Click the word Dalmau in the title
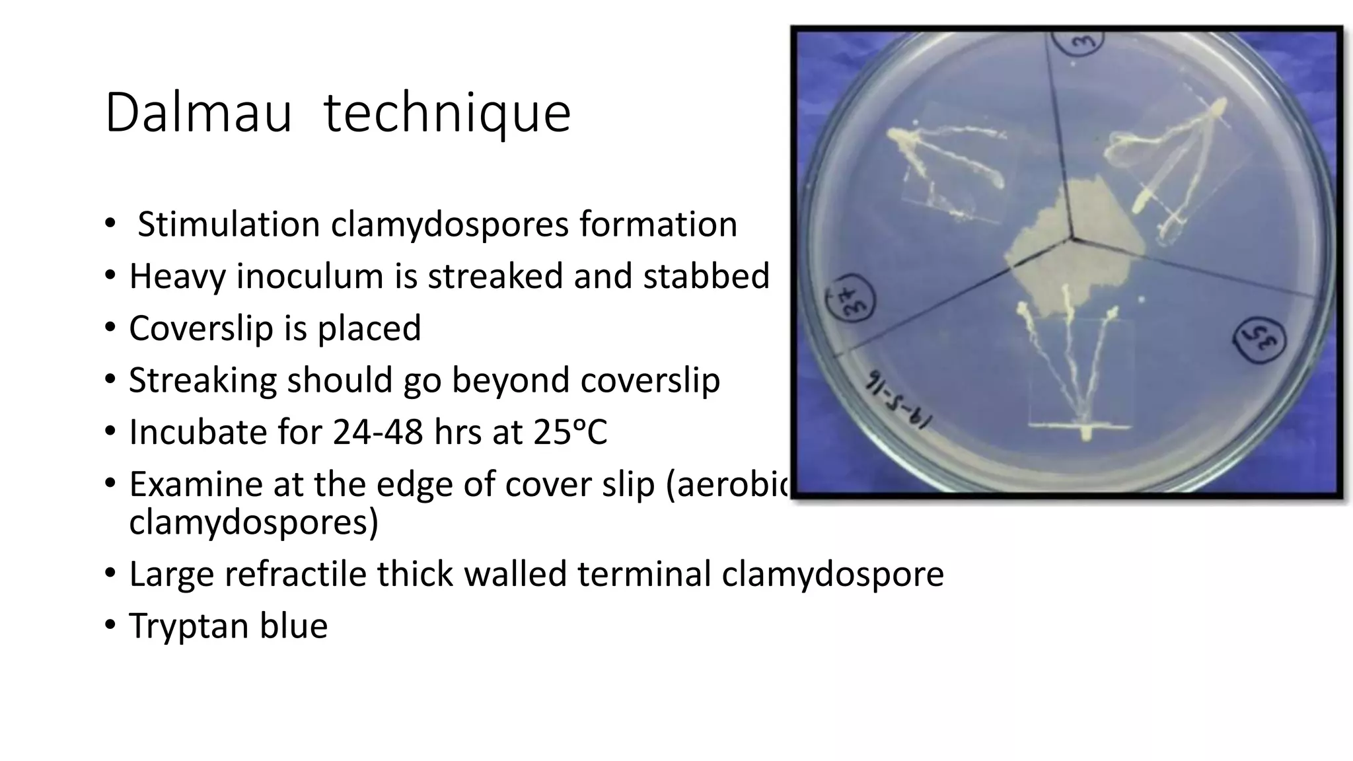point(198,114)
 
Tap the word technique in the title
point(447,114)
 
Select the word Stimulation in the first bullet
point(229,224)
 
